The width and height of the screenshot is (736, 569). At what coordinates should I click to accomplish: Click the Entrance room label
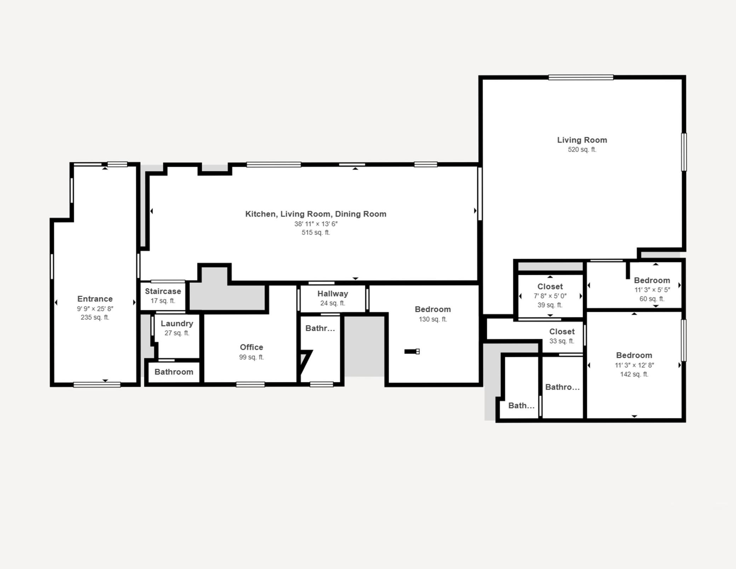(x=95, y=299)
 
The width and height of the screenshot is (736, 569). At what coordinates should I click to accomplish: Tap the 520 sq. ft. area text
(x=582, y=150)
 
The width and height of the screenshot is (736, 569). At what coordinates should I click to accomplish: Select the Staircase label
(x=163, y=291)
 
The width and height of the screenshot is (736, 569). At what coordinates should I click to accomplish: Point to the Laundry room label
(x=177, y=324)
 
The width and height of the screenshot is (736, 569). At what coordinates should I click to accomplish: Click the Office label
(x=252, y=347)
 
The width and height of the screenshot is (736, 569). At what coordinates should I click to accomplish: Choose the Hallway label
(x=333, y=294)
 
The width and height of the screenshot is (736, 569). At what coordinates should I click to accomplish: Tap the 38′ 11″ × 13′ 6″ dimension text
(x=316, y=224)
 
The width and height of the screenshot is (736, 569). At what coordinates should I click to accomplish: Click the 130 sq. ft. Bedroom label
(x=433, y=309)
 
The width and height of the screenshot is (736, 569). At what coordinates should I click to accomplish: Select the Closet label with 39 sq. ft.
(x=550, y=286)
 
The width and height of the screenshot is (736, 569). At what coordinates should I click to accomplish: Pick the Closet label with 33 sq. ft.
(x=562, y=332)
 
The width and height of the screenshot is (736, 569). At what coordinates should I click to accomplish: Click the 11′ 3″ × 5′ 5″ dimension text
(x=652, y=290)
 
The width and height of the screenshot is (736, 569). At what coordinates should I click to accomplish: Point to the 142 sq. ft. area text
(x=634, y=374)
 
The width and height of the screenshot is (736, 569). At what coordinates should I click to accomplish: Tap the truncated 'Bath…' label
(x=521, y=406)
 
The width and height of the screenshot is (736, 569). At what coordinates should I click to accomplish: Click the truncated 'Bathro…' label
(x=562, y=387)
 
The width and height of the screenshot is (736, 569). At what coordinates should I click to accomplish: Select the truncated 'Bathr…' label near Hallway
(x=320, y=329)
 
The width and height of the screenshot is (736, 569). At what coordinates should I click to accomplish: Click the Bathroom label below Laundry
(x=174, y=372)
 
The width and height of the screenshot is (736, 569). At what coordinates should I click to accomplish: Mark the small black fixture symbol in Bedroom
(x=412, y=352)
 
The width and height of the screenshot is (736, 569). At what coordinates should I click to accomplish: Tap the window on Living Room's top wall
(x=581, y=77)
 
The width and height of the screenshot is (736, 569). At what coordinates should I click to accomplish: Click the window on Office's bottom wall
(x=251, y=385)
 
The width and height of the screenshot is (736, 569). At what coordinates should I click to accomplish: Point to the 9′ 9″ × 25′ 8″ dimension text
(x=95, y=309)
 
